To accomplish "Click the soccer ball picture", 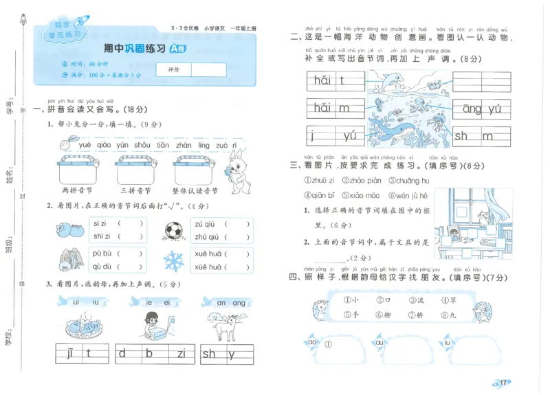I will point(177,229).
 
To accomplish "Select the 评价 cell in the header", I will point(173,70).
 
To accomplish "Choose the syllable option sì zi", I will point(100,223).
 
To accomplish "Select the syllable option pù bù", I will point(102,253).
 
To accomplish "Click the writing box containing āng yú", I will point(481,109).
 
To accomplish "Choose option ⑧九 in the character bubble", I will point(448,315).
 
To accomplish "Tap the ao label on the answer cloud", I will point(312,342).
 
